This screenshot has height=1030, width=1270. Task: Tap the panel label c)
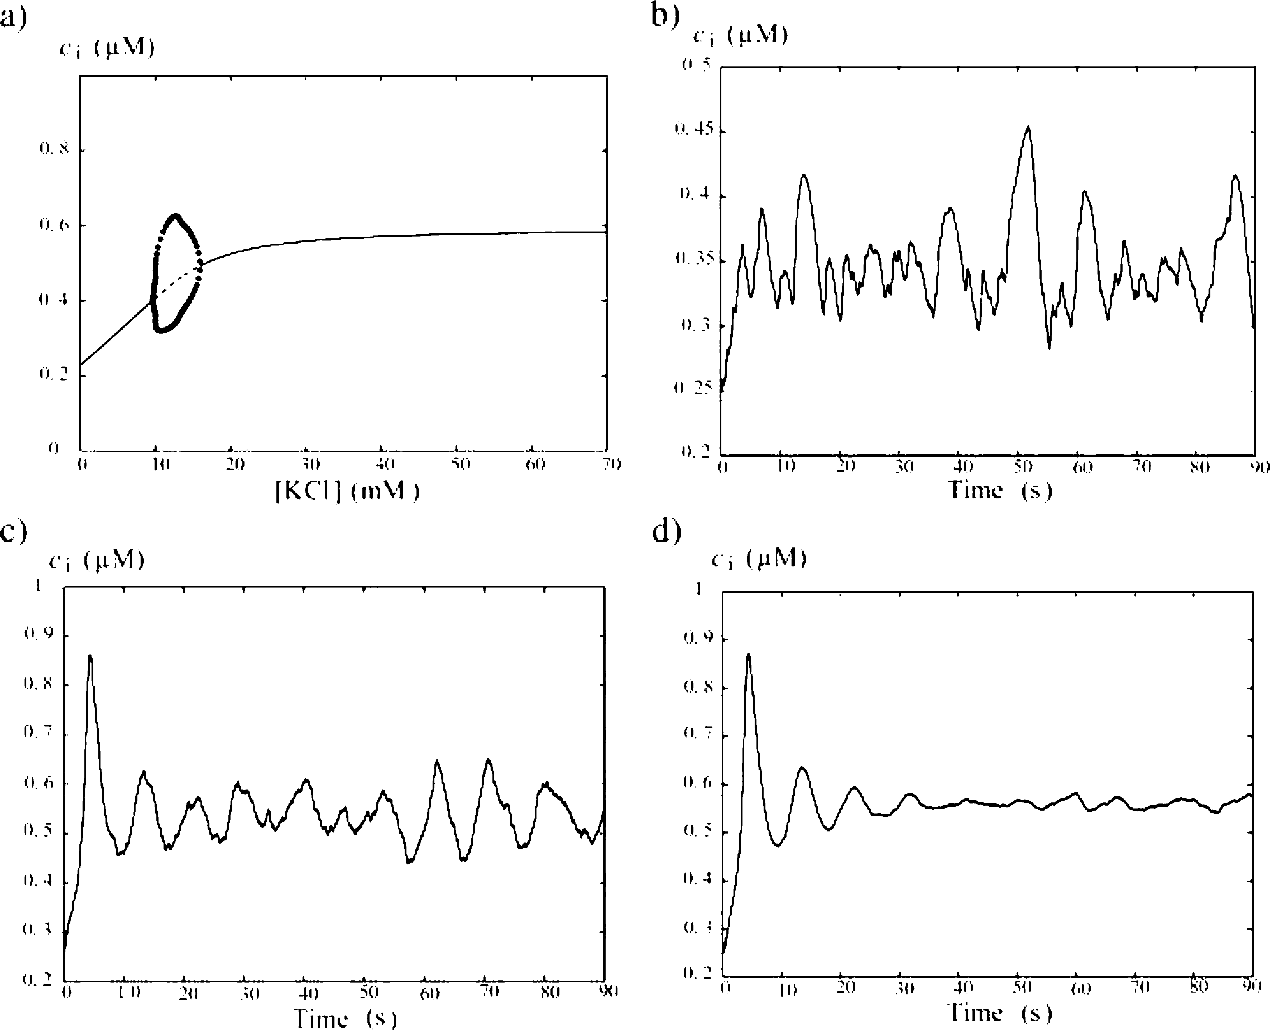(13, 532)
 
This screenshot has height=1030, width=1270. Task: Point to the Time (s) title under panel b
(999, 490)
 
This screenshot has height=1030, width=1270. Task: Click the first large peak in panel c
(90, 656)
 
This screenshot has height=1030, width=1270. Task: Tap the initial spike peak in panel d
(748, 654)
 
